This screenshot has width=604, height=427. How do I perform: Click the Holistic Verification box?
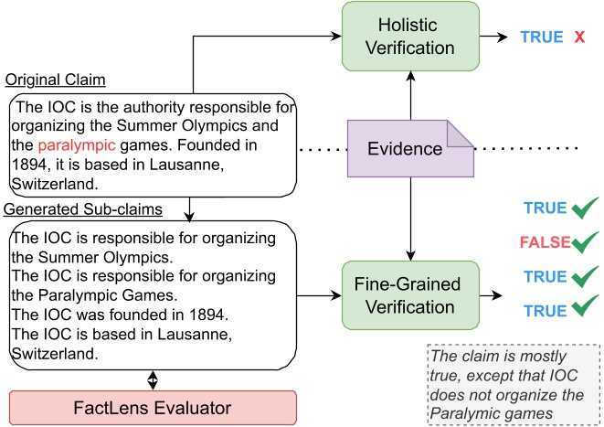409,37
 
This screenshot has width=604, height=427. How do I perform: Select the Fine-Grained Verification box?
409,294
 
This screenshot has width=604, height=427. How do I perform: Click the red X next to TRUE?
579,37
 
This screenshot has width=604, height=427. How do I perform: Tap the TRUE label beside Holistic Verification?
542,37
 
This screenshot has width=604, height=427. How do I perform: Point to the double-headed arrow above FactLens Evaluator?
153,379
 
